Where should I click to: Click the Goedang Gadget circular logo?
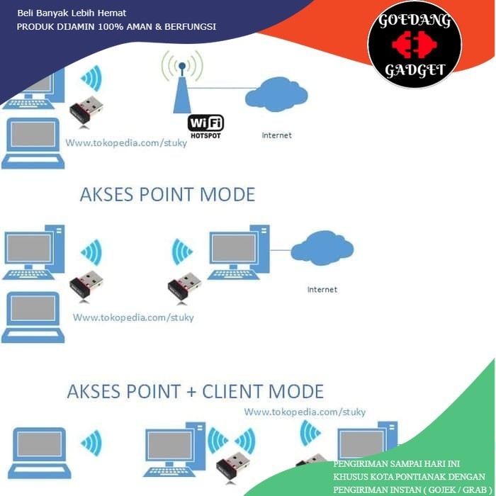[x=414, y=45]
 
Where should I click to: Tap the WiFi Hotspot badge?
[x=205, y=125]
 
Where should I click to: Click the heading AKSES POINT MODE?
[x=167, y=194]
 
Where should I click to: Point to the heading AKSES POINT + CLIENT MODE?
[x=195, y=391]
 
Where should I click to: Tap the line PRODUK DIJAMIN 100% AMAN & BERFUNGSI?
[x=116, y=27]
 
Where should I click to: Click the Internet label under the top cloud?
[x=276, y=135]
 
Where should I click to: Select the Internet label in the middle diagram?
[x=322, y=289]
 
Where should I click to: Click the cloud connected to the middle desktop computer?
[x=322, y=248]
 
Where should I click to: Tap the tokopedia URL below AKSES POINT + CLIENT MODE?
[x=305, y=412]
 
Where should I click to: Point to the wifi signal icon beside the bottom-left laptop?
[x=91, y=444]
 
